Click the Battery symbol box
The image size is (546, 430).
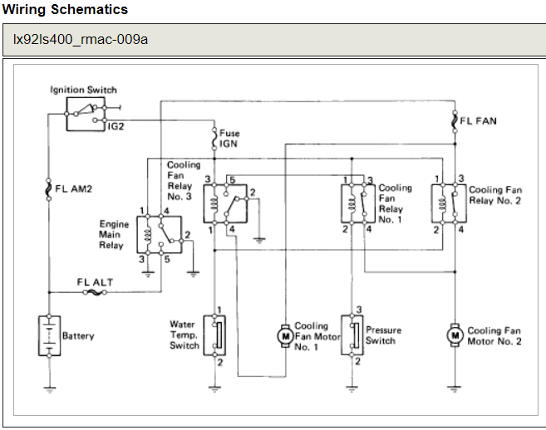click(50, 335)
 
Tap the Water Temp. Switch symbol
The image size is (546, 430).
click(215, 335)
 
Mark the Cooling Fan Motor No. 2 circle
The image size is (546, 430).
click(454, 335)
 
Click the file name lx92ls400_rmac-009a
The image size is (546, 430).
click(80, 39)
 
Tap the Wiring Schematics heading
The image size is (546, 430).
click(65, 9)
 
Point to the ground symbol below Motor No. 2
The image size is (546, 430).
click(454, 387)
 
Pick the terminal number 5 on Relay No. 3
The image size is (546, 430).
click(234, 179)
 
